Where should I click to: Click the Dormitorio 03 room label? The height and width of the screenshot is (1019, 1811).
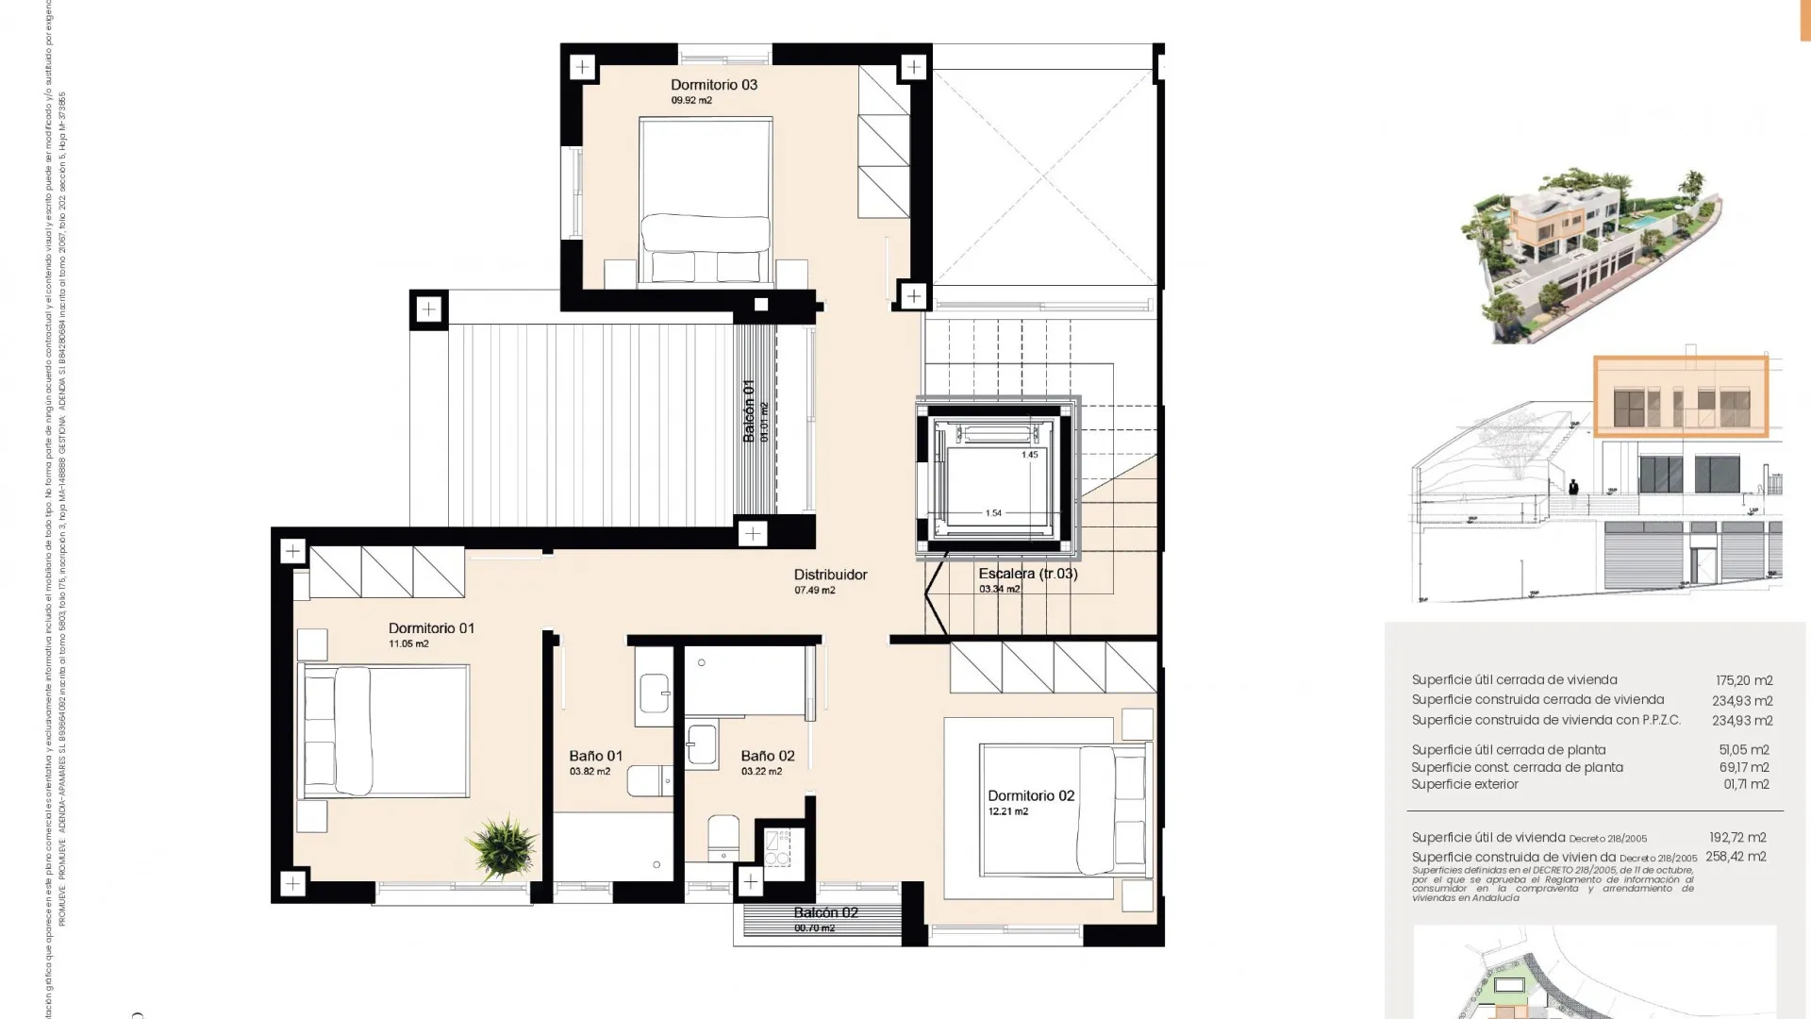713,85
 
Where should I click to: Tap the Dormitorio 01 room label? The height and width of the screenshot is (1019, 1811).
431,628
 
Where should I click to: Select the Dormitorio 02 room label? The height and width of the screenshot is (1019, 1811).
1031,796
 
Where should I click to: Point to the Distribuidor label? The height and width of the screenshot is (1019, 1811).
830,575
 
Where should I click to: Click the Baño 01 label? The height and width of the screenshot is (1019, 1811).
595,756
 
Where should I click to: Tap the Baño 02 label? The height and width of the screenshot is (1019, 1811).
767,756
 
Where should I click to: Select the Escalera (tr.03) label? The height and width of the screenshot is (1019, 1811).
1027,574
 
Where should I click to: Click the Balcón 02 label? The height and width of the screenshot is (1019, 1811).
825,912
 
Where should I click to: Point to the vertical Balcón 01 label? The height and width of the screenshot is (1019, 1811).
749,410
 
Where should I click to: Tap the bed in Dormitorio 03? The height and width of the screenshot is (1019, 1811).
706,200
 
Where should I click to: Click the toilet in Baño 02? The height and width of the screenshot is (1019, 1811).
723,837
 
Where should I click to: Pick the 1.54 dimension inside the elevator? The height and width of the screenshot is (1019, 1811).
993,513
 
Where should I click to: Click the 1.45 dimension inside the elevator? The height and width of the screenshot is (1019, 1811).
1029,455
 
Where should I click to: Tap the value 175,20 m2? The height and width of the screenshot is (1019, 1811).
1743,680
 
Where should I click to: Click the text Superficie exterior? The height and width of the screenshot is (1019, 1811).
1464,784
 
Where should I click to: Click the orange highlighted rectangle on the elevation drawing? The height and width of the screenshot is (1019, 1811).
1680,396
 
